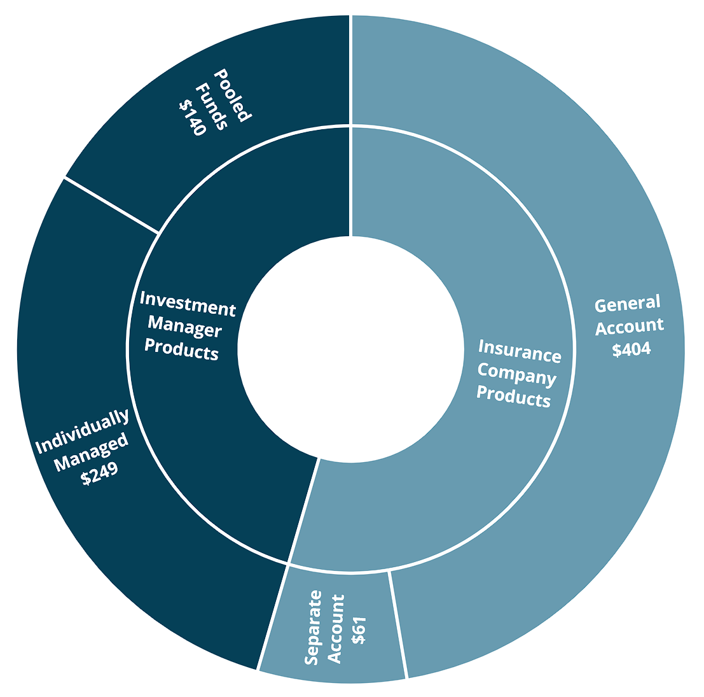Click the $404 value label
click(632, 349)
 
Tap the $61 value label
click(359, 629)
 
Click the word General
click(628, 304)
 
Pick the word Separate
click(312, 628)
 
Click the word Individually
click(82, 432)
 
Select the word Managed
click(91, 453)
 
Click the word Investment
click(188, 304)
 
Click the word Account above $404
click(630, 327)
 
